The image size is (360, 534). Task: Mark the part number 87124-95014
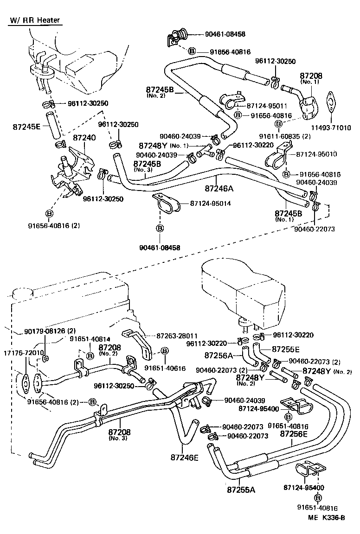210,203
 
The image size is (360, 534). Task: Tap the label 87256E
294,434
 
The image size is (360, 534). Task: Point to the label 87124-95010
316,154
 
